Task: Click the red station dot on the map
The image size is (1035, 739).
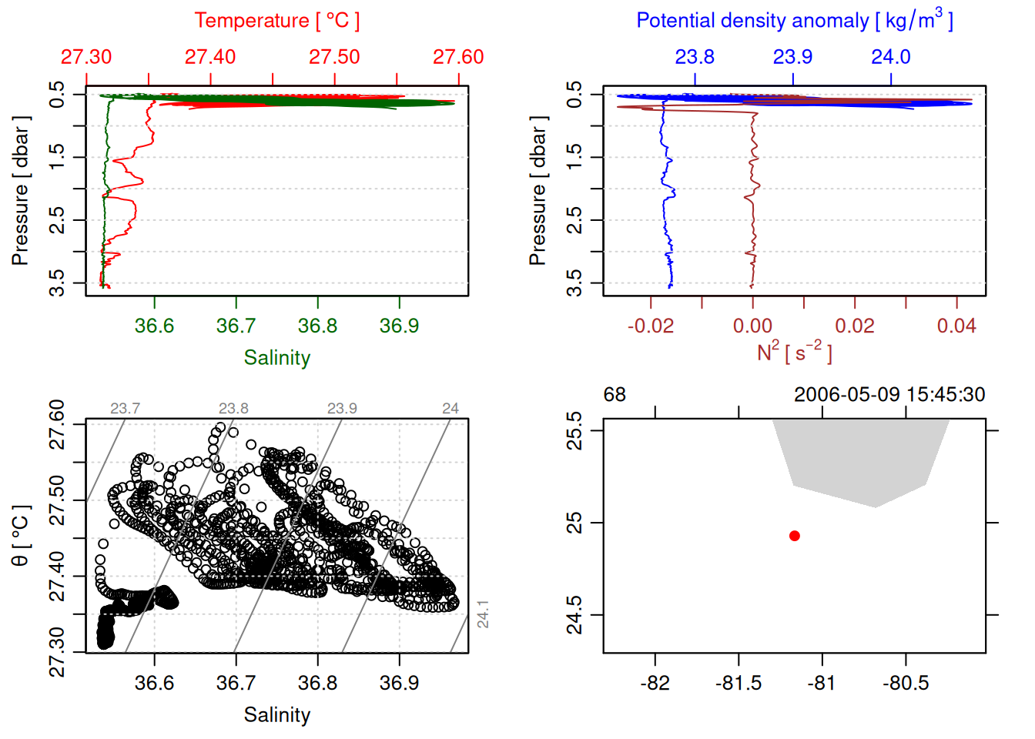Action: (x=795, y=536)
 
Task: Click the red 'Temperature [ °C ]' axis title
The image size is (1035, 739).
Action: (x=276, y=21)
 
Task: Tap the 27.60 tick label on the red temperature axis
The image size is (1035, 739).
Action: (x=458, y=57)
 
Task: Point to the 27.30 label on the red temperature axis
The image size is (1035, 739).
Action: (x=86, y=57)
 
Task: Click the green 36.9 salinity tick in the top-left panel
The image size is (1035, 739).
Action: (x=399, y=326)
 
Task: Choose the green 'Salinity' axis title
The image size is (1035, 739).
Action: (x=276, y=358)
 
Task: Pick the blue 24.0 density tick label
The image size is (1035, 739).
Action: (x=890, y=57)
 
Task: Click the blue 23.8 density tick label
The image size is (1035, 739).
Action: (x=695, y=57)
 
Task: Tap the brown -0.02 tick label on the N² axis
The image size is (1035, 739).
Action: (x=650, y=326)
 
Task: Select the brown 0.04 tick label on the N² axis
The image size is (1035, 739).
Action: (x=956, y=326)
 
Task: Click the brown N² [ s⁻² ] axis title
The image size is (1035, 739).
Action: (x=794, y=353)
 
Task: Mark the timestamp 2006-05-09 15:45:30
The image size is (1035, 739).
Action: (x=889, y=395)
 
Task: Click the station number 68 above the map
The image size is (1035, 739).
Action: (x=615, y=395)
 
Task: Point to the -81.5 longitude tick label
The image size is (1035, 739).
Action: (x=739, y=684)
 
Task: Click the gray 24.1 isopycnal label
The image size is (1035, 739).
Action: (x=483, y=614)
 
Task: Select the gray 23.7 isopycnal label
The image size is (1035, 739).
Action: (x=125, y=409)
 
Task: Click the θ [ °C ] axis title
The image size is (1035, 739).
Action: (x=21, y=536)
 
